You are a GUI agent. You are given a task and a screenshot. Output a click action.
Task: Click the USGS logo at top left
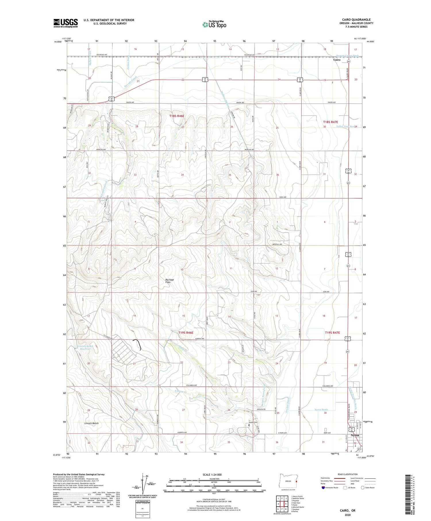coord(66,23)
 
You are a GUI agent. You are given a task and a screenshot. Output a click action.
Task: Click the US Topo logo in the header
coord(214,25)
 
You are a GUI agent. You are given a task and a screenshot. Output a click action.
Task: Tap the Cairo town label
coord(337,60)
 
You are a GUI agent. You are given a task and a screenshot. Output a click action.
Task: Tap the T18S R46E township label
coord(177,116)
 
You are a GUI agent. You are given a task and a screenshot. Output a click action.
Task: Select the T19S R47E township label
coord(332,332)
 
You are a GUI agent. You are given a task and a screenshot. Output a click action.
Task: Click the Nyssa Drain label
coord(321,410)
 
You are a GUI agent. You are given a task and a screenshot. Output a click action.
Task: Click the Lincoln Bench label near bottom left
coord(91,423)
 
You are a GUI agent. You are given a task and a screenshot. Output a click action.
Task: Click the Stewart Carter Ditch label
coord(348,56)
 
